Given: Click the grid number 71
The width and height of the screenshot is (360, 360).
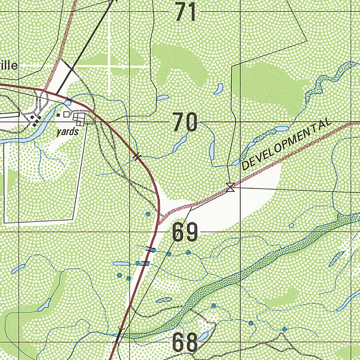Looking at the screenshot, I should [x=185, y=12].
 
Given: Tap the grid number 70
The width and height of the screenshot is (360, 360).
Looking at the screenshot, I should [x=185, y=123].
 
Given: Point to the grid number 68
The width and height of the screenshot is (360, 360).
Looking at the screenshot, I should [x=185, y=343].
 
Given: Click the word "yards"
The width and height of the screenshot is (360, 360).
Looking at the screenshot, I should [x=67, y=132].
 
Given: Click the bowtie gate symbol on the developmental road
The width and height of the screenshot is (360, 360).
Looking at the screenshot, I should [x=231, y=187].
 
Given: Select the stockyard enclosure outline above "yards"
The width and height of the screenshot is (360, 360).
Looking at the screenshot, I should [x=79, y=119].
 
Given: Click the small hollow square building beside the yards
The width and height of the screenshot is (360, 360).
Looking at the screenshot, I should [x=66, y=114].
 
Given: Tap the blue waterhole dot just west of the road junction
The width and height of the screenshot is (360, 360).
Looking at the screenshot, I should [x=148, y=214].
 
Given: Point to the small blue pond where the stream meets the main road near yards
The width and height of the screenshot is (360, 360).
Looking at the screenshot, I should [x=67, y=102].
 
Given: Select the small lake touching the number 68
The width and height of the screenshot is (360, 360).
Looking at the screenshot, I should [x=203, y=337].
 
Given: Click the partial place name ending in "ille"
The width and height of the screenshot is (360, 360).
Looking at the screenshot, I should [x=8, y=66].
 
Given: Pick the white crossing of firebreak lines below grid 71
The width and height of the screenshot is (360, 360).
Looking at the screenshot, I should [x=109, y=66].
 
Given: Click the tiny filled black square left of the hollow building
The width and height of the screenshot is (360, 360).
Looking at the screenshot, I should [x=58, y=115].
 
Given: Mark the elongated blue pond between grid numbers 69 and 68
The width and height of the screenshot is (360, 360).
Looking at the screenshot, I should [x=164, y=300].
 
